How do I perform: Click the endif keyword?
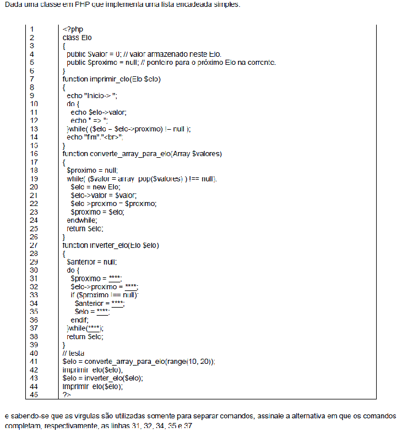[x=80, y=320]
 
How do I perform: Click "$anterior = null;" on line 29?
[x=93, y=262]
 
